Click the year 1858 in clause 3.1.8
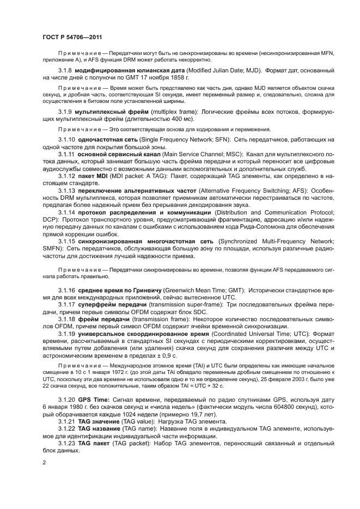(x=179, y=78)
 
